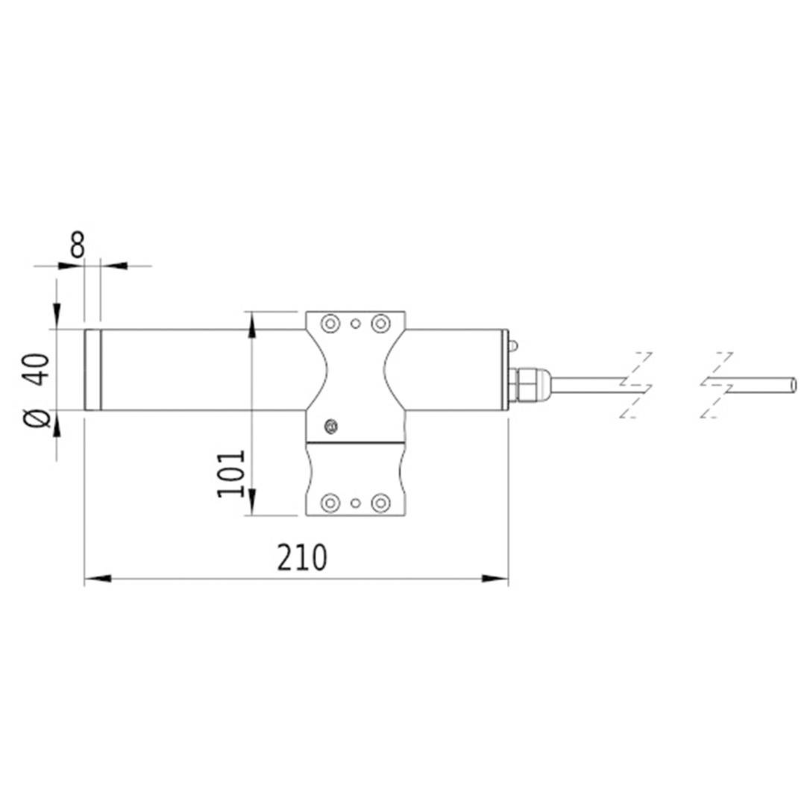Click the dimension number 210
point(302,558)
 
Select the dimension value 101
point(230,473)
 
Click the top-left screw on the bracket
point(329,324)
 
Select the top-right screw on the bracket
point(380,324)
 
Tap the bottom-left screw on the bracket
point(329,503)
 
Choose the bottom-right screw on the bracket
point(380,503)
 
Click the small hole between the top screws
point(355,324)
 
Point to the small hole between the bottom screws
point(355,503)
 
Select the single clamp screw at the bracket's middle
point(331,427)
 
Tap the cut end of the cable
point(793,385)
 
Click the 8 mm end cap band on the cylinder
point(92,370)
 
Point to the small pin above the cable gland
point(513,345)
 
